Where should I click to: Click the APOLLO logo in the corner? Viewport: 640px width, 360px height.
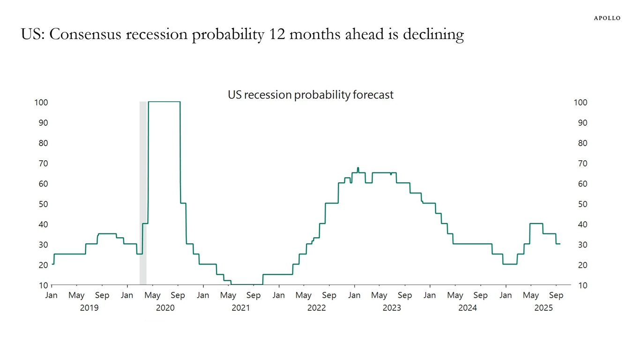607,18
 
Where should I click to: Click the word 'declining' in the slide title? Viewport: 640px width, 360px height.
433,34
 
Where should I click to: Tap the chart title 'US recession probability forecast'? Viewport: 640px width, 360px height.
311,95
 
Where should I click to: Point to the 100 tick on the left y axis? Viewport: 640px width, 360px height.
41,102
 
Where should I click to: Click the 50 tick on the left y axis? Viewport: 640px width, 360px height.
43,204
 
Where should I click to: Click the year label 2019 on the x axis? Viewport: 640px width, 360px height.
89,307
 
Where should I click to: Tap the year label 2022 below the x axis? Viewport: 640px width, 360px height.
316,307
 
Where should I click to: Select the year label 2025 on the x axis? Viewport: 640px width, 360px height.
543,307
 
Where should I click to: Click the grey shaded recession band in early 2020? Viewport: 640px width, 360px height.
143,192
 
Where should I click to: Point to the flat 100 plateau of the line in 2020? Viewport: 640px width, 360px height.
164,102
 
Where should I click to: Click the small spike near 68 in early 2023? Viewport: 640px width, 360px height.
358,168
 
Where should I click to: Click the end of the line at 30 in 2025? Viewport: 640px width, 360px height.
559,244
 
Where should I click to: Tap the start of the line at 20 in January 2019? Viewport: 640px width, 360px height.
52,264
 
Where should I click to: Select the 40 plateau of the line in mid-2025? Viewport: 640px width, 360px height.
536,224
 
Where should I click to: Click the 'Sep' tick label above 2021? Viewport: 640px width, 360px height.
253,295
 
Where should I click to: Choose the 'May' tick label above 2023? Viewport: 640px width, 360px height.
379,295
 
